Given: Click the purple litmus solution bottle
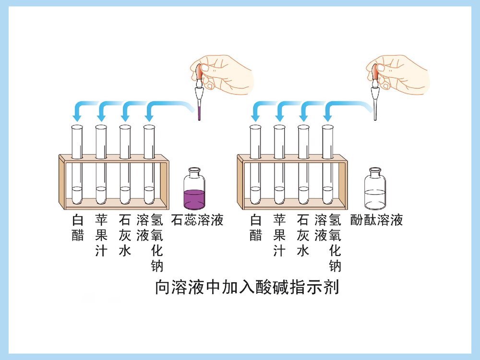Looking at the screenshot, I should (x=194, y=192).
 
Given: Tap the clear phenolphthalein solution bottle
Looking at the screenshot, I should (x=375, y=192).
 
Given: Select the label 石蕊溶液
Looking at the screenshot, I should (x=197, y=220).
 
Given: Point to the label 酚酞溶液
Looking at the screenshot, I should (x=376, y=220).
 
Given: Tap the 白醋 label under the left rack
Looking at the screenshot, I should (x=77, y=228).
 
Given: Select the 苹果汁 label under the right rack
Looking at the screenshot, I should (x=279, y=235).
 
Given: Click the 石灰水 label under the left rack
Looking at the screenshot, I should (x=125, y=235).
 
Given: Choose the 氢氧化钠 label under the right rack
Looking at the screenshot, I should (x=335, y=242).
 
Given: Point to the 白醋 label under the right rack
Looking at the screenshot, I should (x=256, y=228).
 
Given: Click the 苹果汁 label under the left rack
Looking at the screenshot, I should (x=101, y=235).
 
